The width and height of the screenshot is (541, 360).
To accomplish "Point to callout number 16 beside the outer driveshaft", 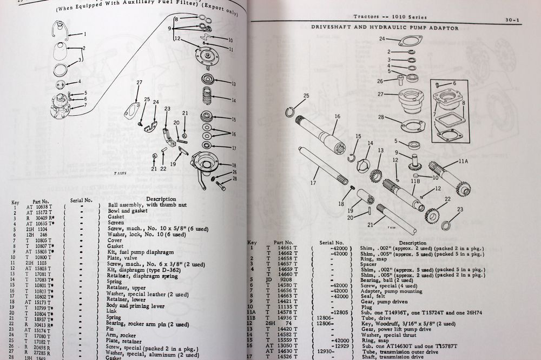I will (337, 116).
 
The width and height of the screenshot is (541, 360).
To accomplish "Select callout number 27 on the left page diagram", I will (138, 82).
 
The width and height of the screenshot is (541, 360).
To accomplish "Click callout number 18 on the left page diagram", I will (233, 164).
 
